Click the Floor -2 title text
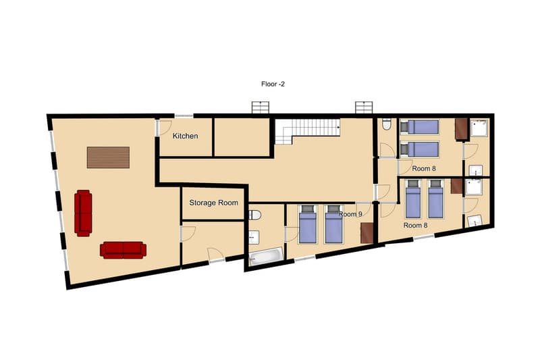click(x=273, y=84)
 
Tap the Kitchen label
click(x=185, y=136)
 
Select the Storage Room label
click(x=213, y=203)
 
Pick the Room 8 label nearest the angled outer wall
click(x=416, y=225)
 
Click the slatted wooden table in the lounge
click(x=108, y=157)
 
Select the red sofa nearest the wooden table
click(x=83, y=212)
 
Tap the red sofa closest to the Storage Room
click(x=123, y=249)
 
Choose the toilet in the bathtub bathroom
click(x=254, y=215)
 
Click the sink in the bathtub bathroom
click(x=254, y=237)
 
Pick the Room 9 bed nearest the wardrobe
click(x=333, y=225)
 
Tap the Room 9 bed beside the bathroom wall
click(x=307, y=225)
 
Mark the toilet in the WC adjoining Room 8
click(x=386, y=124)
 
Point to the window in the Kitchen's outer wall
click(x=184, y=116)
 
